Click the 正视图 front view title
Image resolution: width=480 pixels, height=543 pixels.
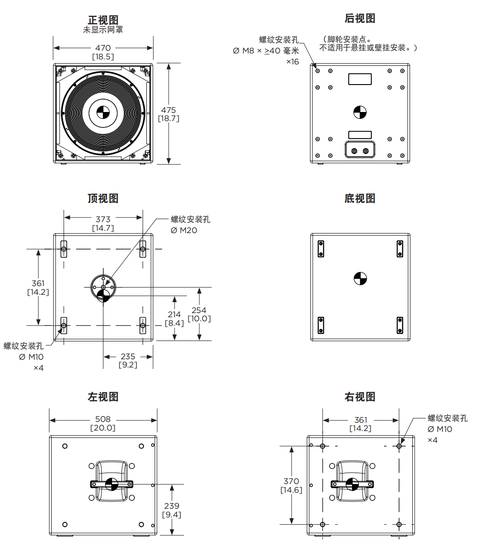(x=103, y=20)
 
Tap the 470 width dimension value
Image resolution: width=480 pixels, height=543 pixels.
(x=103, y=48)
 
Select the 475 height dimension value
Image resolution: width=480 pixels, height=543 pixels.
(x=168, y=110)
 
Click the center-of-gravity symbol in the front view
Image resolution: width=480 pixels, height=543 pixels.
(x=103, y=112)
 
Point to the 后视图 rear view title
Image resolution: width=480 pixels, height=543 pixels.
(x=360, y=18)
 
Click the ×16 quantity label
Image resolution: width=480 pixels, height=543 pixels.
(x=293, y=62)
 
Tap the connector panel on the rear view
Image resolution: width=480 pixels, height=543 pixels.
(x=360, y=150)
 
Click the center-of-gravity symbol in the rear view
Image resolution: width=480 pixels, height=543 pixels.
(x=360, y=112)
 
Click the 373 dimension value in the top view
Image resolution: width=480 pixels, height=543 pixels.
(x=103, y=219)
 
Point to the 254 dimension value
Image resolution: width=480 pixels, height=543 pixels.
(x=199, y=310)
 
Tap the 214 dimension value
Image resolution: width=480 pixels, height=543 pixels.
(x=174, y=314)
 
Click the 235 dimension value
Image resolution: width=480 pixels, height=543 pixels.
(x=128, y=356)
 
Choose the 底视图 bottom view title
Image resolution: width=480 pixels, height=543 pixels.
(x=360, y=198)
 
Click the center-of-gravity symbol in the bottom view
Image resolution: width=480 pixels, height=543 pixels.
(x=360, y=278)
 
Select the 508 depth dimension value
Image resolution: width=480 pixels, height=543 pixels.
(x=103, y=419)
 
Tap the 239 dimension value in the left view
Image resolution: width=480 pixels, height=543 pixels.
(x=171, y=506)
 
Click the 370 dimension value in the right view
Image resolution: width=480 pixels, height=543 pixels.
(x=291, y=481)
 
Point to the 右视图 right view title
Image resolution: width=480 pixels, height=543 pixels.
(x=360, y=397)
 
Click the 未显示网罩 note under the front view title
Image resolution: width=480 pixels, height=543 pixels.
(x=103, y=30)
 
